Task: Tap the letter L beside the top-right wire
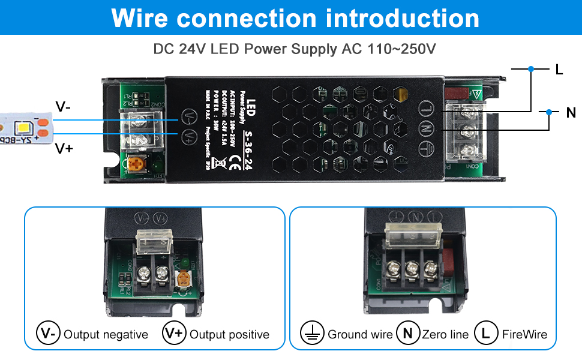coord(559,70)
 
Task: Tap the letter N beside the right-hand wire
coord(571,112)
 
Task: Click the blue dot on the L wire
coord(531,69)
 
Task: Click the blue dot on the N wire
coord(549,112)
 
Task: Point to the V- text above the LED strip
coord(63,107)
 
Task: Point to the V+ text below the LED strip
coord(64,148)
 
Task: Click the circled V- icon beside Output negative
coord(48,334)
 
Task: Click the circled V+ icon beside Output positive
coord(174,334)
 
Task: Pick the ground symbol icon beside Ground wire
coord(311,334)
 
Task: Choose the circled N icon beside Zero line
coord(408,334)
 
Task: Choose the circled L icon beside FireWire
coord(486,334)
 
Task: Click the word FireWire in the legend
coord(524,334)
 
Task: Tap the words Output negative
coord(106,334)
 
